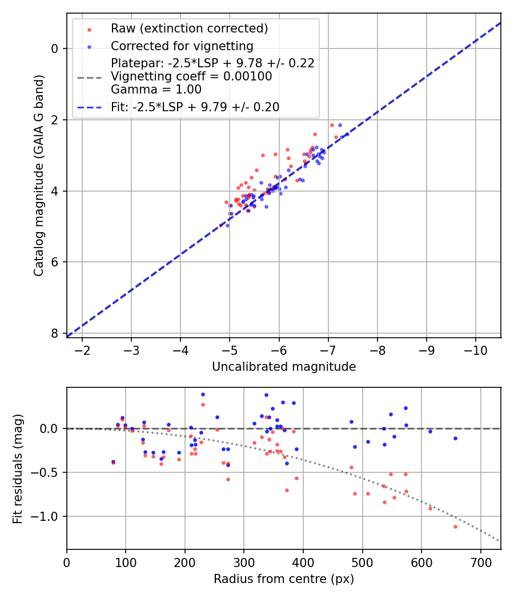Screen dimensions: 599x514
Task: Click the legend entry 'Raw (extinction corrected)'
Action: tap(189, 29)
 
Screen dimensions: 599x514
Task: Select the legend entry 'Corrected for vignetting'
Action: tap(182, 46)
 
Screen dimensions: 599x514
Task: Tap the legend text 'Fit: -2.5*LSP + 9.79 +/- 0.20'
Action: tap(195, 107)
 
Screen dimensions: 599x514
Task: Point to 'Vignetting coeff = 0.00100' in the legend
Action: tap(191, 76)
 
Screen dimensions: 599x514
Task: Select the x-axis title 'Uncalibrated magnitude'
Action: tap(284, 367)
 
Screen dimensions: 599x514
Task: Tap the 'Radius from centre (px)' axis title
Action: tap(284, 579)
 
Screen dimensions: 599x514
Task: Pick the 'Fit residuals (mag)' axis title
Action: tap(18, 468)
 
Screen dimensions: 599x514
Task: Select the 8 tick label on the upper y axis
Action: tap(54, 334)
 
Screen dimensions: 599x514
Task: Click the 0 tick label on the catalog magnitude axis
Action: tap(54, 48)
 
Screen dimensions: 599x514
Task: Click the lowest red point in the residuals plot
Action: tap(455, 527)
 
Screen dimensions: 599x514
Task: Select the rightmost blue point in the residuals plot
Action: tap(455, 438)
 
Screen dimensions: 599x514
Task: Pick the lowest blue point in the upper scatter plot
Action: tap(227, 225)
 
